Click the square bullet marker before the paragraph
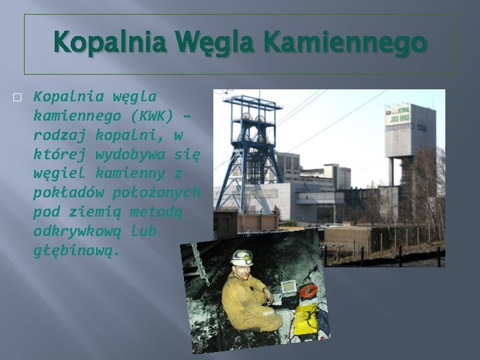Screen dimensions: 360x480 [x=18, y=97]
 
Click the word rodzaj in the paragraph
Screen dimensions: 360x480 [x=59, y=135]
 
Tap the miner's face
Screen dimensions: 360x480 [x=241, y=269]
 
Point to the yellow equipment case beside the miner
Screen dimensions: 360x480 [x=307, y=319]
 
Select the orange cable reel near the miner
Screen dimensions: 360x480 [x=308, y=291]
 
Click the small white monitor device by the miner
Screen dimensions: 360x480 [x=289, y=287]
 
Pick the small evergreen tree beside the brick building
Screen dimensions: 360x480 [x=276, y=213]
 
